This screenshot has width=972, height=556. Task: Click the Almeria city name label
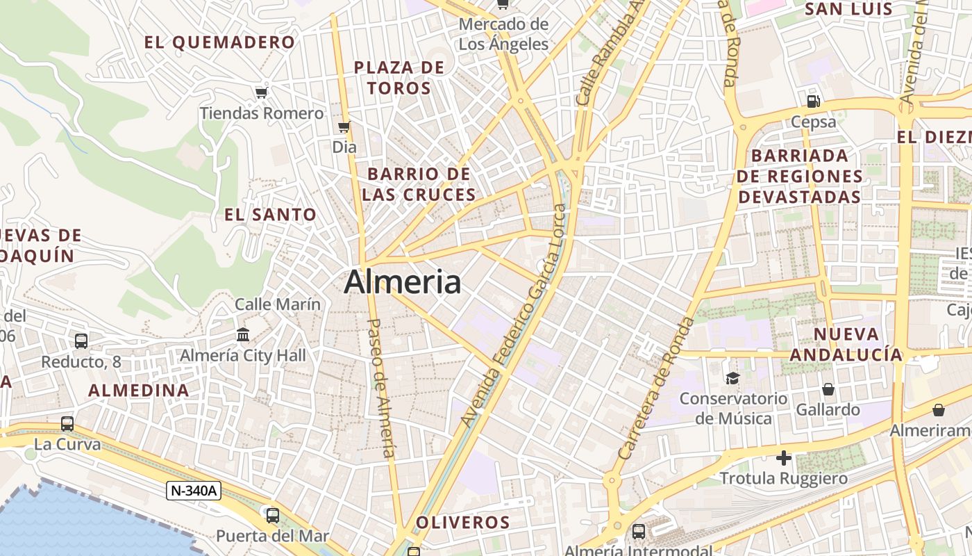tap(403, 282)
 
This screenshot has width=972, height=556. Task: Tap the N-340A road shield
tap(194, 491)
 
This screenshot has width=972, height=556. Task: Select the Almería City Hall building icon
tap(243, 335)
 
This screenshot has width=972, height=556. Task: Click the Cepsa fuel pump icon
tap(814, 101)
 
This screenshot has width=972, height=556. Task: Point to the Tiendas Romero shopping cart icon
tap(261, 92)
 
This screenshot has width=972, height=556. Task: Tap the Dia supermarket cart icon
tap(344, 126)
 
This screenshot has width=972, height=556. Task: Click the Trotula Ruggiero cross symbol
tap(784, 458)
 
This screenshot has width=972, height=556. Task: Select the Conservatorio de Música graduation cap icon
tap(732, 378)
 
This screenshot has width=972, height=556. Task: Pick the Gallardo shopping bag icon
tap(828, 389)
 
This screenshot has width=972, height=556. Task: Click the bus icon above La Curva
tap(67, 423)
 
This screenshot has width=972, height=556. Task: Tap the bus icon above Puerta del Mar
tap(273, 515)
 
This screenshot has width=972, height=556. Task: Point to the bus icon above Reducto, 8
tap(81, 341)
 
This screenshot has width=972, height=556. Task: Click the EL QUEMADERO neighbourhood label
tap(219, 42)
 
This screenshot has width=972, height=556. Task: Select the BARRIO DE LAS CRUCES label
tap(419, 184)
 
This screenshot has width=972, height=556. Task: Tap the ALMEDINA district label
tap(139, 390)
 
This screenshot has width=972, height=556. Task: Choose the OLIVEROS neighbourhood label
tap(462, 522)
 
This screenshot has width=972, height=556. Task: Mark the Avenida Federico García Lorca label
tap(514, 316)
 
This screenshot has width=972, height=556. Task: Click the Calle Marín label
tap(278, 304)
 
